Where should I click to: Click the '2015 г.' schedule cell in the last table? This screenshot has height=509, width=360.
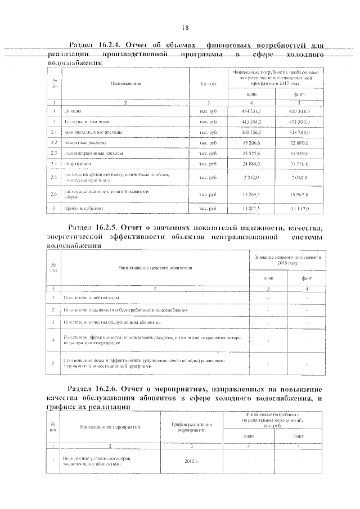pyautogui.click(x=192, y=461)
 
